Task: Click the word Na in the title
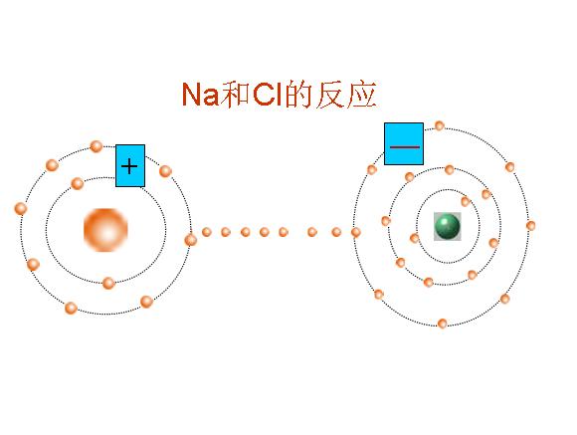(201, 95)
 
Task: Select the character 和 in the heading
(236, 95)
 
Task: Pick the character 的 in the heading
(298, 95)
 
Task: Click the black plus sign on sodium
(129, 166)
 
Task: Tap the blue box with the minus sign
(404, 144)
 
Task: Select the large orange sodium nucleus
(105, 230)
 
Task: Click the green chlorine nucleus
(447, 226)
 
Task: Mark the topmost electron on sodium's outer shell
(96, 146)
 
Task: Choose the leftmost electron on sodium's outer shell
(21, 208)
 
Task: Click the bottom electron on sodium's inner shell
(108, 284)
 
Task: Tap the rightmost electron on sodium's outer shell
(191, 240)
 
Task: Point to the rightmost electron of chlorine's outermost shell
(530, 225)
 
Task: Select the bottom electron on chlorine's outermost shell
(443, 324)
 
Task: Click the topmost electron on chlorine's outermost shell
(440, 126)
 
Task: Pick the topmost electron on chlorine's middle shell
(450, 170)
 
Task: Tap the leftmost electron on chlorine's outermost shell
(356, 232)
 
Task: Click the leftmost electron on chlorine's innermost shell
(415, 238)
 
